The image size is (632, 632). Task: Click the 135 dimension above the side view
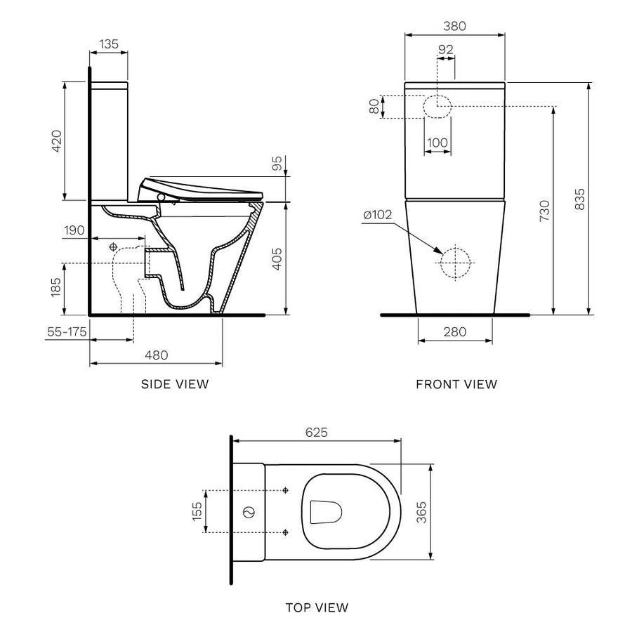(x=109, y=44)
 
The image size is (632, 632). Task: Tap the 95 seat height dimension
(x=277, y=163)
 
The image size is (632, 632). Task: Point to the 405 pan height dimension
(x=277, y=258)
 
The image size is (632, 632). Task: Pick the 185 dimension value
(x=57, y=289)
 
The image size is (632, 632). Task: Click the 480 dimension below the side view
(x=156, y=355)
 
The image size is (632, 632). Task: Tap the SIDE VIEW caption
(x=175, y=384)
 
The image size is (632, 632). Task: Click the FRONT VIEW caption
(x=456, y=384)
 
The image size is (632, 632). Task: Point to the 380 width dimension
(x=455, y=26)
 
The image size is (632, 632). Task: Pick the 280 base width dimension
(x=455, y=332)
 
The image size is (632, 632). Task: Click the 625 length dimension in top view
(x=317, y=433)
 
